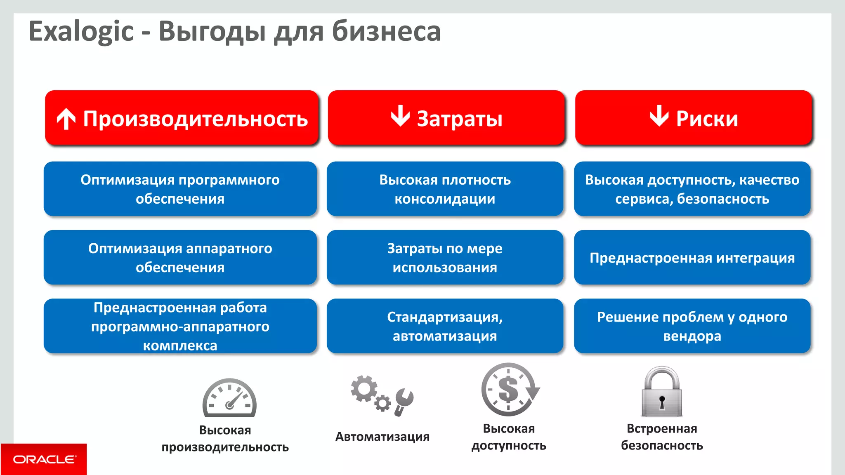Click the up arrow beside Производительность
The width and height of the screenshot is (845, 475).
point(66,119)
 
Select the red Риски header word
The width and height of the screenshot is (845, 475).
point(707,119)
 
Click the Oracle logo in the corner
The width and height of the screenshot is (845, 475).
point(44,459)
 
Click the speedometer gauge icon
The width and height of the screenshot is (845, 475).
point(229,398)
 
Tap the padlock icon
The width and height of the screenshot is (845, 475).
point(662,392)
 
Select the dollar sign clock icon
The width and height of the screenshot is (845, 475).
point(509,390)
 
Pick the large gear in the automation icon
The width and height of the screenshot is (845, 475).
point(364,388)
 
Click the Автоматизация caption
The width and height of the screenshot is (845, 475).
point(382,437)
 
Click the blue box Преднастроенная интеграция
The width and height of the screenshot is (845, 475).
point(692,258)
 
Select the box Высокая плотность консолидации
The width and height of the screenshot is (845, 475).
point(445,189)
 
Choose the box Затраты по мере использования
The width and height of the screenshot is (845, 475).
point(445,258)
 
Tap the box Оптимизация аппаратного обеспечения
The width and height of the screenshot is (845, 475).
point(180,258)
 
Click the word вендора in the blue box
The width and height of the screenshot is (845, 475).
point(692,336)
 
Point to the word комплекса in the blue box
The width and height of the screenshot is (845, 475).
point(180,346)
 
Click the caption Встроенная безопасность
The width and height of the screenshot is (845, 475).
point(662,437)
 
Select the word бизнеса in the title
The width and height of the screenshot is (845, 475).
point(386,32)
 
